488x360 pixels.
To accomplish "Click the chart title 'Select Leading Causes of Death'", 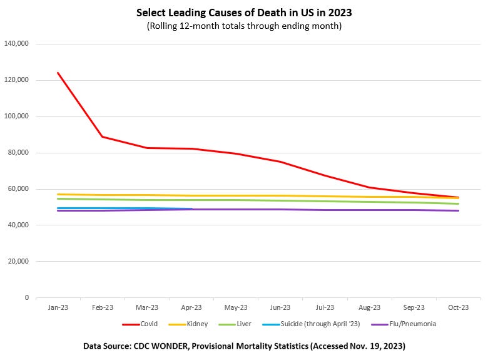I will pyautogui.click(x=244, y=13).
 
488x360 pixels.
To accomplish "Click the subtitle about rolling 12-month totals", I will pyautogui.click(x=244, y=26).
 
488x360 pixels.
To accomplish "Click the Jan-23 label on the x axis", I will pyautogui.click(x=58, y=307).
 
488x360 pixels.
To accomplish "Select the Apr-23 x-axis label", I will pyautogui.click(x=191, y=307).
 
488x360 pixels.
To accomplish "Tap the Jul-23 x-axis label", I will pyautogui.click(x=325, y=307).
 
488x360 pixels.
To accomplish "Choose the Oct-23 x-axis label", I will pyautogui.click(x=459, y=307).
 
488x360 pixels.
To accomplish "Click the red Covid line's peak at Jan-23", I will pyautogui.click(x=58, y=73).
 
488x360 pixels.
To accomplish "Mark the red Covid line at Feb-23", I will pyautogui.click(x=102, y=136).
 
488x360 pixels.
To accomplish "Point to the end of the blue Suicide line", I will pyautogui.click(x=191, y=209).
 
